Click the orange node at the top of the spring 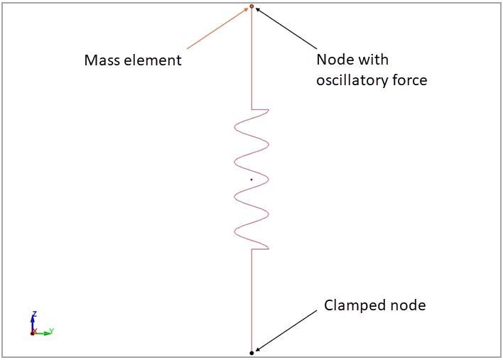(251, 6)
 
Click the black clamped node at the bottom (251, 353)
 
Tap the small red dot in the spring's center (251, 180)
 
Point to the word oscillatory (352, 80)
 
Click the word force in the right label (409, 80)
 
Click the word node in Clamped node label (408, 305)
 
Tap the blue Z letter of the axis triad (34, 313)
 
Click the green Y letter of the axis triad (52, 330)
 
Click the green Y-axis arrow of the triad (44, 333)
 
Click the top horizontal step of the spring (260, 109)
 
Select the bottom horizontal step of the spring (260, 249)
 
